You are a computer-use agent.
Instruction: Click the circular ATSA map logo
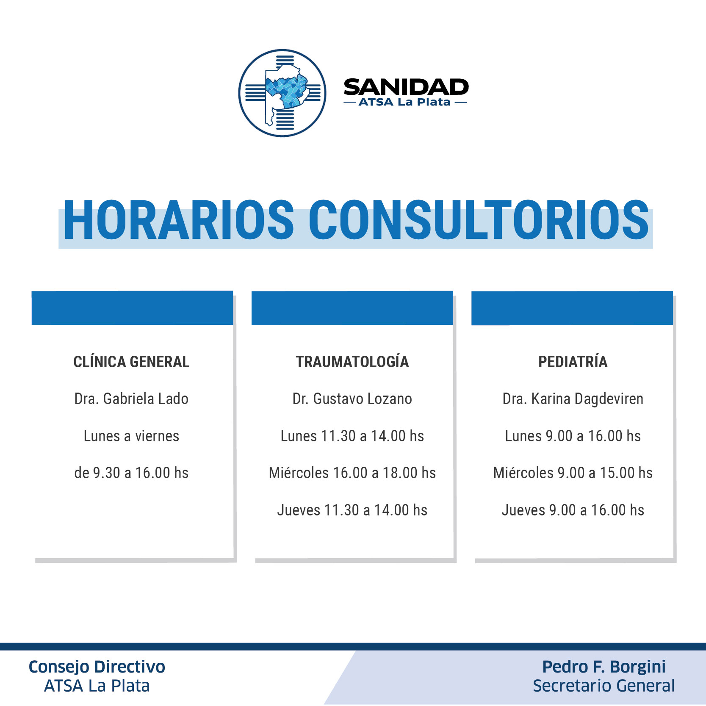[x=282, y=93]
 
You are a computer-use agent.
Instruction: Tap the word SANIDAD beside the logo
[x=406, y=87]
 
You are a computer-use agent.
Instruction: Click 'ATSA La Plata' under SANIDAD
[x=404, y=102]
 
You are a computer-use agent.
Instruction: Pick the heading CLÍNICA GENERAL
[x=131, y=362]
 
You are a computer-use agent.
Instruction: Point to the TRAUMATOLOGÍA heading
[x=352, y=362]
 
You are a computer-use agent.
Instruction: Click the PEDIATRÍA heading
[x=573, y=362]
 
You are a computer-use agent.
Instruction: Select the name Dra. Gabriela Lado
[x=131, y=399]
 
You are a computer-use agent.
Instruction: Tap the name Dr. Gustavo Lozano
[x=352, y=399]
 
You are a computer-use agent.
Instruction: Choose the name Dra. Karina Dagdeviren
[x=573, y=399]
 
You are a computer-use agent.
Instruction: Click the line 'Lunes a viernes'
[x=131, y=436]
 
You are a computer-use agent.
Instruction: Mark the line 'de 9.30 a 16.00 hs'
[x=131, y=473]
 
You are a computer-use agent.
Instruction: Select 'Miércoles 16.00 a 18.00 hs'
[x=352, y=473]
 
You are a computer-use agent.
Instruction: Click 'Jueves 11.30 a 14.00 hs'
[x=352, y=510]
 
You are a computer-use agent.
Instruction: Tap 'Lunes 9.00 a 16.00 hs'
[x=573, y=436]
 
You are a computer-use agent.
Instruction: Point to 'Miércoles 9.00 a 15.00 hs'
[x=573, y=473]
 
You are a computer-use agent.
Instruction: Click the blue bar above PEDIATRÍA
[x=572, y=308]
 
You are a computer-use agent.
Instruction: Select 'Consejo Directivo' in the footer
[x=97, y=667]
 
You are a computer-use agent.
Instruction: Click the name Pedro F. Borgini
[x=604, y=667]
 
